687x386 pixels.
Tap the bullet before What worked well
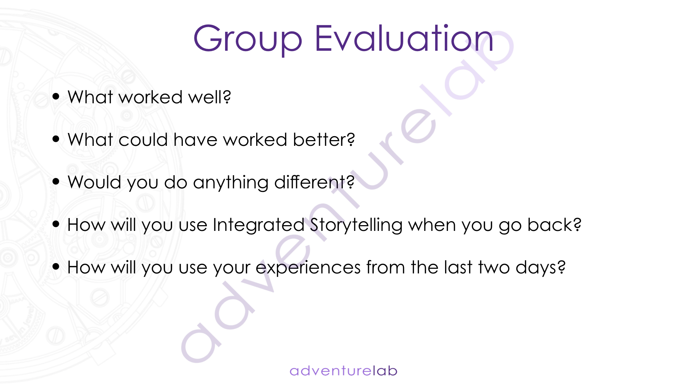coord(56,96)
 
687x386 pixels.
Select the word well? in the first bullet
coord(210,97)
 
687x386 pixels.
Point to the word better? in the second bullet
coord(324,139)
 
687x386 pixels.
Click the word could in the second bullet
coord(143,139)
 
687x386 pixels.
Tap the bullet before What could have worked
coord(56,139)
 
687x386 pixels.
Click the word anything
coord(231,183)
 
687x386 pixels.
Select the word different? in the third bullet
coord(315,182)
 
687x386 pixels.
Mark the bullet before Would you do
coord(56,182)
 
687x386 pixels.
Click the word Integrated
coord(258,225)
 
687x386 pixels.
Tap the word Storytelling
coord(356,225)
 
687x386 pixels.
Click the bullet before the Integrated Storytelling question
coord(56,224)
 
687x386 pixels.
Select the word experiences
coord(308,268)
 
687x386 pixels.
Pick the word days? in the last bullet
coord(541,268)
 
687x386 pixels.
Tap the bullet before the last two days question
coord(56,267)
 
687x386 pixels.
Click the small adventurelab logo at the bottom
coord(343,371)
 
